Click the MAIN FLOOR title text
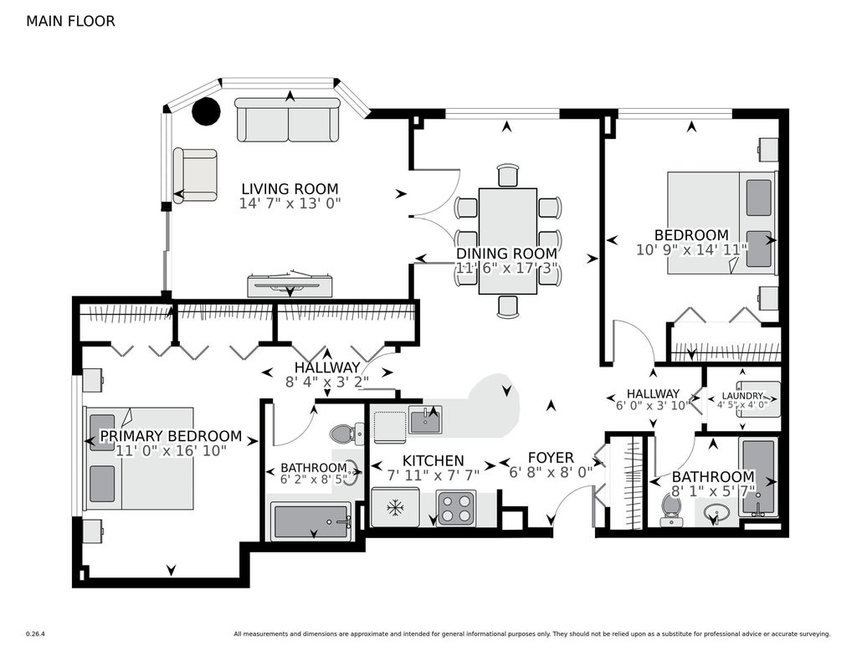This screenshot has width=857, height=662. tap(70, 21)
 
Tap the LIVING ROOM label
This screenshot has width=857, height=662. tap(290, 189)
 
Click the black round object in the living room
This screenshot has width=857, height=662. tap(206, 111)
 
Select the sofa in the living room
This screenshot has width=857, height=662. tap(288, 121)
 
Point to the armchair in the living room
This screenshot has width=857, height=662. tap(195, 175)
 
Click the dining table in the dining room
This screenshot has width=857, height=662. tap(508, 241)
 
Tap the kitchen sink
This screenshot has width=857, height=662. tap(425, 420)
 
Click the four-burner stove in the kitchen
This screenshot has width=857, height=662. tap(456, 508)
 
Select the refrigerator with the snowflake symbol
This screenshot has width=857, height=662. tap(395, 508)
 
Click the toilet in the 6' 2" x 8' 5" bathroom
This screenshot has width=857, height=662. tap(347, 434)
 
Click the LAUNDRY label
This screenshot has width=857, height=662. tap(742, 396)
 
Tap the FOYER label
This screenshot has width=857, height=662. tap(551, 458)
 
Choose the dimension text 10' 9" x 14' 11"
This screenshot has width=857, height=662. tap(691, 250)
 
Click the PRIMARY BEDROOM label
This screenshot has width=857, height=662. tap(171, 436)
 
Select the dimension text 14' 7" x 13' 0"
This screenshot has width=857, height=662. tap(290, 204)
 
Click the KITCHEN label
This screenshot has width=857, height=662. tap(433, 461)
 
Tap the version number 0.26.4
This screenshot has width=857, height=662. tap(35, 634)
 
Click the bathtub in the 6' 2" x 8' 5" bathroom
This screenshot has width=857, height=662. tap(311, 521)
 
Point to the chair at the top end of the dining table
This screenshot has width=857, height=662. tap(508, 175)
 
